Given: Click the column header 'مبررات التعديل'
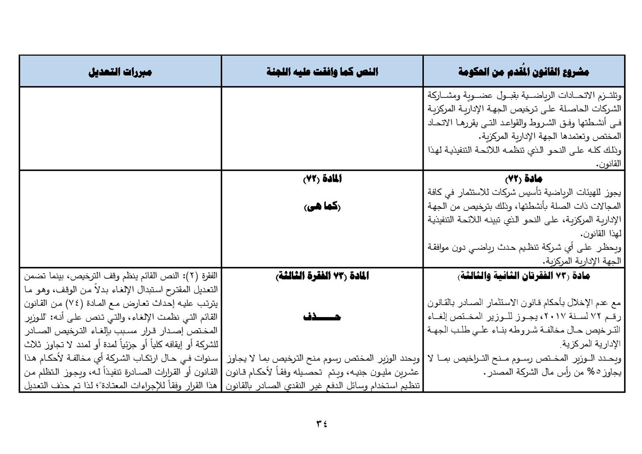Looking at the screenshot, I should (120, 72).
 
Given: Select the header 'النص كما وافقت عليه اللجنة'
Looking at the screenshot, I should (322, 72).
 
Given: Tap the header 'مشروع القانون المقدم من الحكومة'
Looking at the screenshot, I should (524, 72).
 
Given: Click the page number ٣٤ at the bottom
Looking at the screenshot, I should (322, 423).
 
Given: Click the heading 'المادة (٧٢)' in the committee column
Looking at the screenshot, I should (322, 179).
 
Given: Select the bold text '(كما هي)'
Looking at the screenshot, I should (322, 207).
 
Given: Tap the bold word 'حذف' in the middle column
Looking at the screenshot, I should (322, 317).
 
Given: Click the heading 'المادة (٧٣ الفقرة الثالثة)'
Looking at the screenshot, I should (322, 276).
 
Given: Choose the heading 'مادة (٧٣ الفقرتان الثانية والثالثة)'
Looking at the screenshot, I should (524, 276).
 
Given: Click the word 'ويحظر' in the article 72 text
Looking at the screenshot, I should (612, 248).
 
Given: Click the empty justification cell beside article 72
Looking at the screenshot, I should (120, 219).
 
